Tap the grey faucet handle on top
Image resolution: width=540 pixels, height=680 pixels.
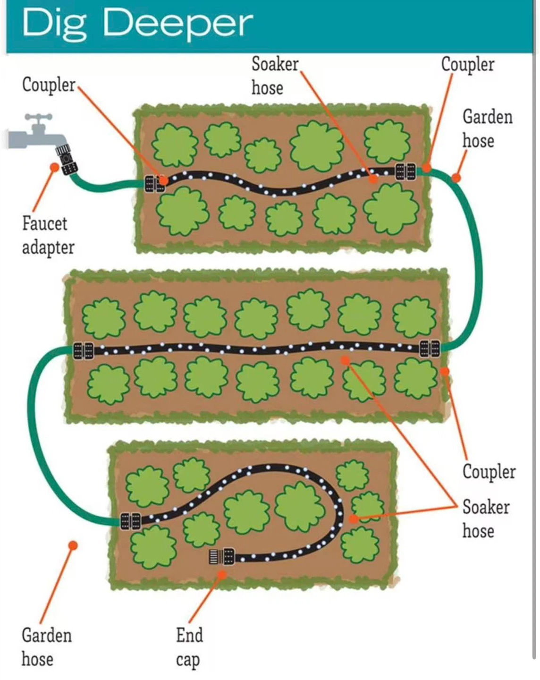coord(39,117)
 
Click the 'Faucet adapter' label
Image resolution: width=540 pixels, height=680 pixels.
coord(48,236)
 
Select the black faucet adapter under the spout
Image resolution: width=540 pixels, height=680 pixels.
coord(67,160)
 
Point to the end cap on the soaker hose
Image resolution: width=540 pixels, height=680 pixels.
coord(222,556)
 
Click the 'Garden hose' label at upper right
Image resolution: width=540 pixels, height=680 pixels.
coord(488,128)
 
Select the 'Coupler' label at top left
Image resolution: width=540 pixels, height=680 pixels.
coord(49,85)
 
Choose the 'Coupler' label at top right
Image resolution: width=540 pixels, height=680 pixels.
coord(468,65)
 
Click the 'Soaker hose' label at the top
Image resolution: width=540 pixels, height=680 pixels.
coord(275,76)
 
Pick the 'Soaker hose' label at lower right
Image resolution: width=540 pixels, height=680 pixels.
coord(486,518)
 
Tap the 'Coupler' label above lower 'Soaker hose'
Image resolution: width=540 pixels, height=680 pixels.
coord(489,472)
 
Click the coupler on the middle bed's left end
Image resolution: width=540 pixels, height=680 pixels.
coord(84,351)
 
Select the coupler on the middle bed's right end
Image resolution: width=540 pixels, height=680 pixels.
coord(430,349)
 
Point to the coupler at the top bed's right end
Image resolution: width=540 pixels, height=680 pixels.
coord(406,172)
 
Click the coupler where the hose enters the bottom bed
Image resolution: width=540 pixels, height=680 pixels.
coord(130,521)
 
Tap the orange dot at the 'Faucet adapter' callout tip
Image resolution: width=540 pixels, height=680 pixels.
coord(55,167)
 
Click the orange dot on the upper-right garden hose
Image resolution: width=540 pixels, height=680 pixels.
coord(456,178)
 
